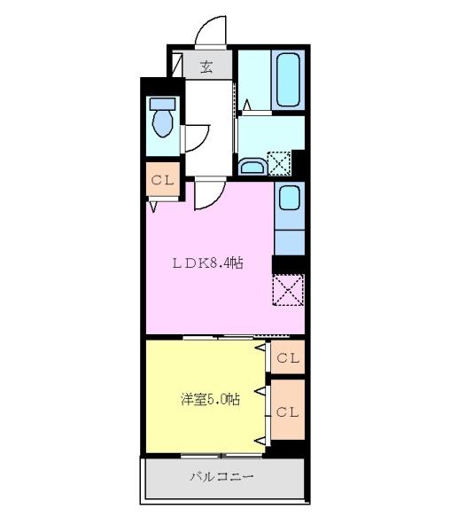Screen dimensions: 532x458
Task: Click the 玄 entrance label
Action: click(206, 66)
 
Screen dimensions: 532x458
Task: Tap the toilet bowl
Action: click(161, 124)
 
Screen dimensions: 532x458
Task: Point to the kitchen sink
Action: click(289, 198)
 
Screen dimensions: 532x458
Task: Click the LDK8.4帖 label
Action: click(208, 263)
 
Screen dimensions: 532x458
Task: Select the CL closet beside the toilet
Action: click(162, 180)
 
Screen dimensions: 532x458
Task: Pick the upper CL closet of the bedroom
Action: click(288, 358)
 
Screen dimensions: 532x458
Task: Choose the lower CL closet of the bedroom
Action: click(287, 411)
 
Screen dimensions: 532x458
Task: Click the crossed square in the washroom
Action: click(279, 163)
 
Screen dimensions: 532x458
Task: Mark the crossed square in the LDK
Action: click(288, 290)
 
